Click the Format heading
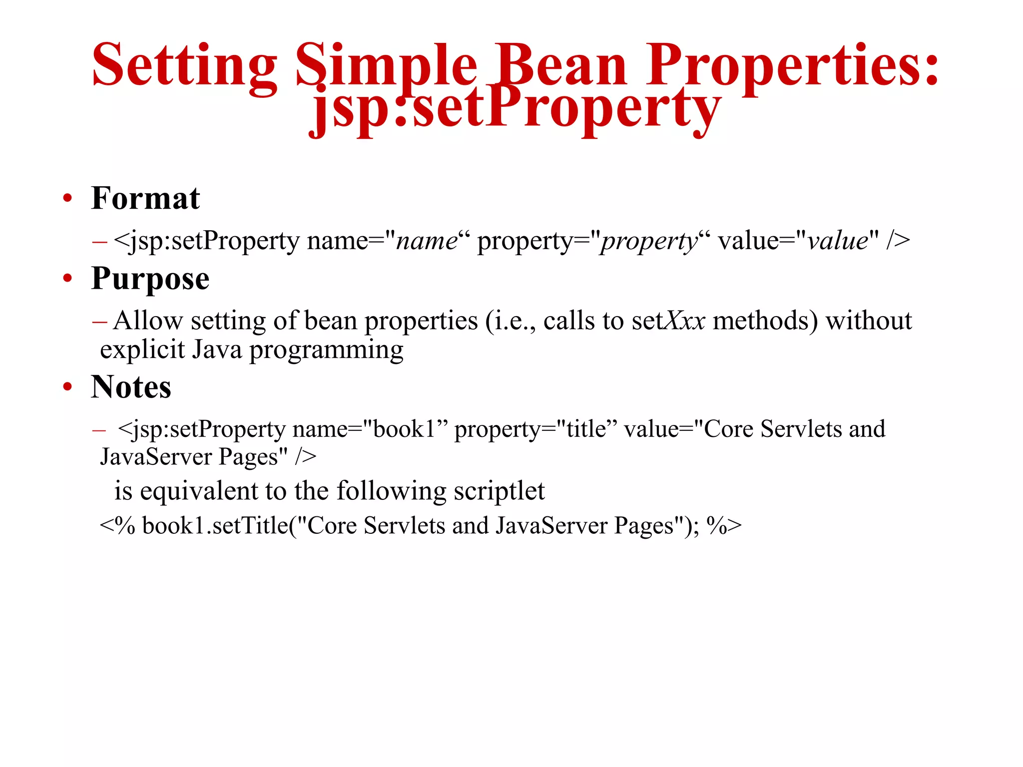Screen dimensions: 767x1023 click(145, 198)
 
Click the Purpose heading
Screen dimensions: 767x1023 click(150, 279)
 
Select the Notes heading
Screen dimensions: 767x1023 click(131, 387)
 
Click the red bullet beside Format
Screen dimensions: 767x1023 click(67, 199)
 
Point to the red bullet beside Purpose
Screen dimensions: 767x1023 click(67, 279)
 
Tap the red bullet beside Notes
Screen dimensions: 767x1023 click(67, 387)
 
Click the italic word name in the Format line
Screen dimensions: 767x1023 click(426, 241)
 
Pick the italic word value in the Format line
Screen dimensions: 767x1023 click(838, 241)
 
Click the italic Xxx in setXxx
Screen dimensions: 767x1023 click(686, 321)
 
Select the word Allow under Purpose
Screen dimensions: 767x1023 click(148, 321)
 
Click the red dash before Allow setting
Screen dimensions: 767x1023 click(99, 322)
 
